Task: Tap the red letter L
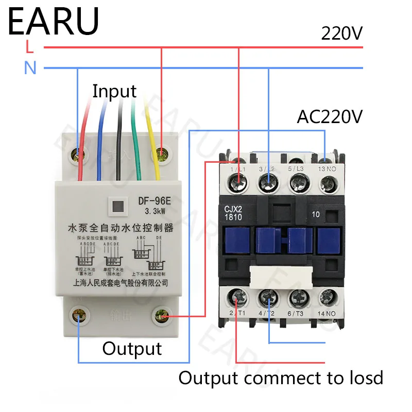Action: tap(30, 47)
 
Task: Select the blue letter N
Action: tap(30, 67)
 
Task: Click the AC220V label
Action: tap(330, 117)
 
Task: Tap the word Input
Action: tap(114, 91)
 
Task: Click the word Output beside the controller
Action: tap(132, 349)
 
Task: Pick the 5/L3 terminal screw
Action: tap(298, 180)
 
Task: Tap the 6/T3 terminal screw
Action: tap(298, 297)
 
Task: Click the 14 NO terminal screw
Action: tap(328, 297)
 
